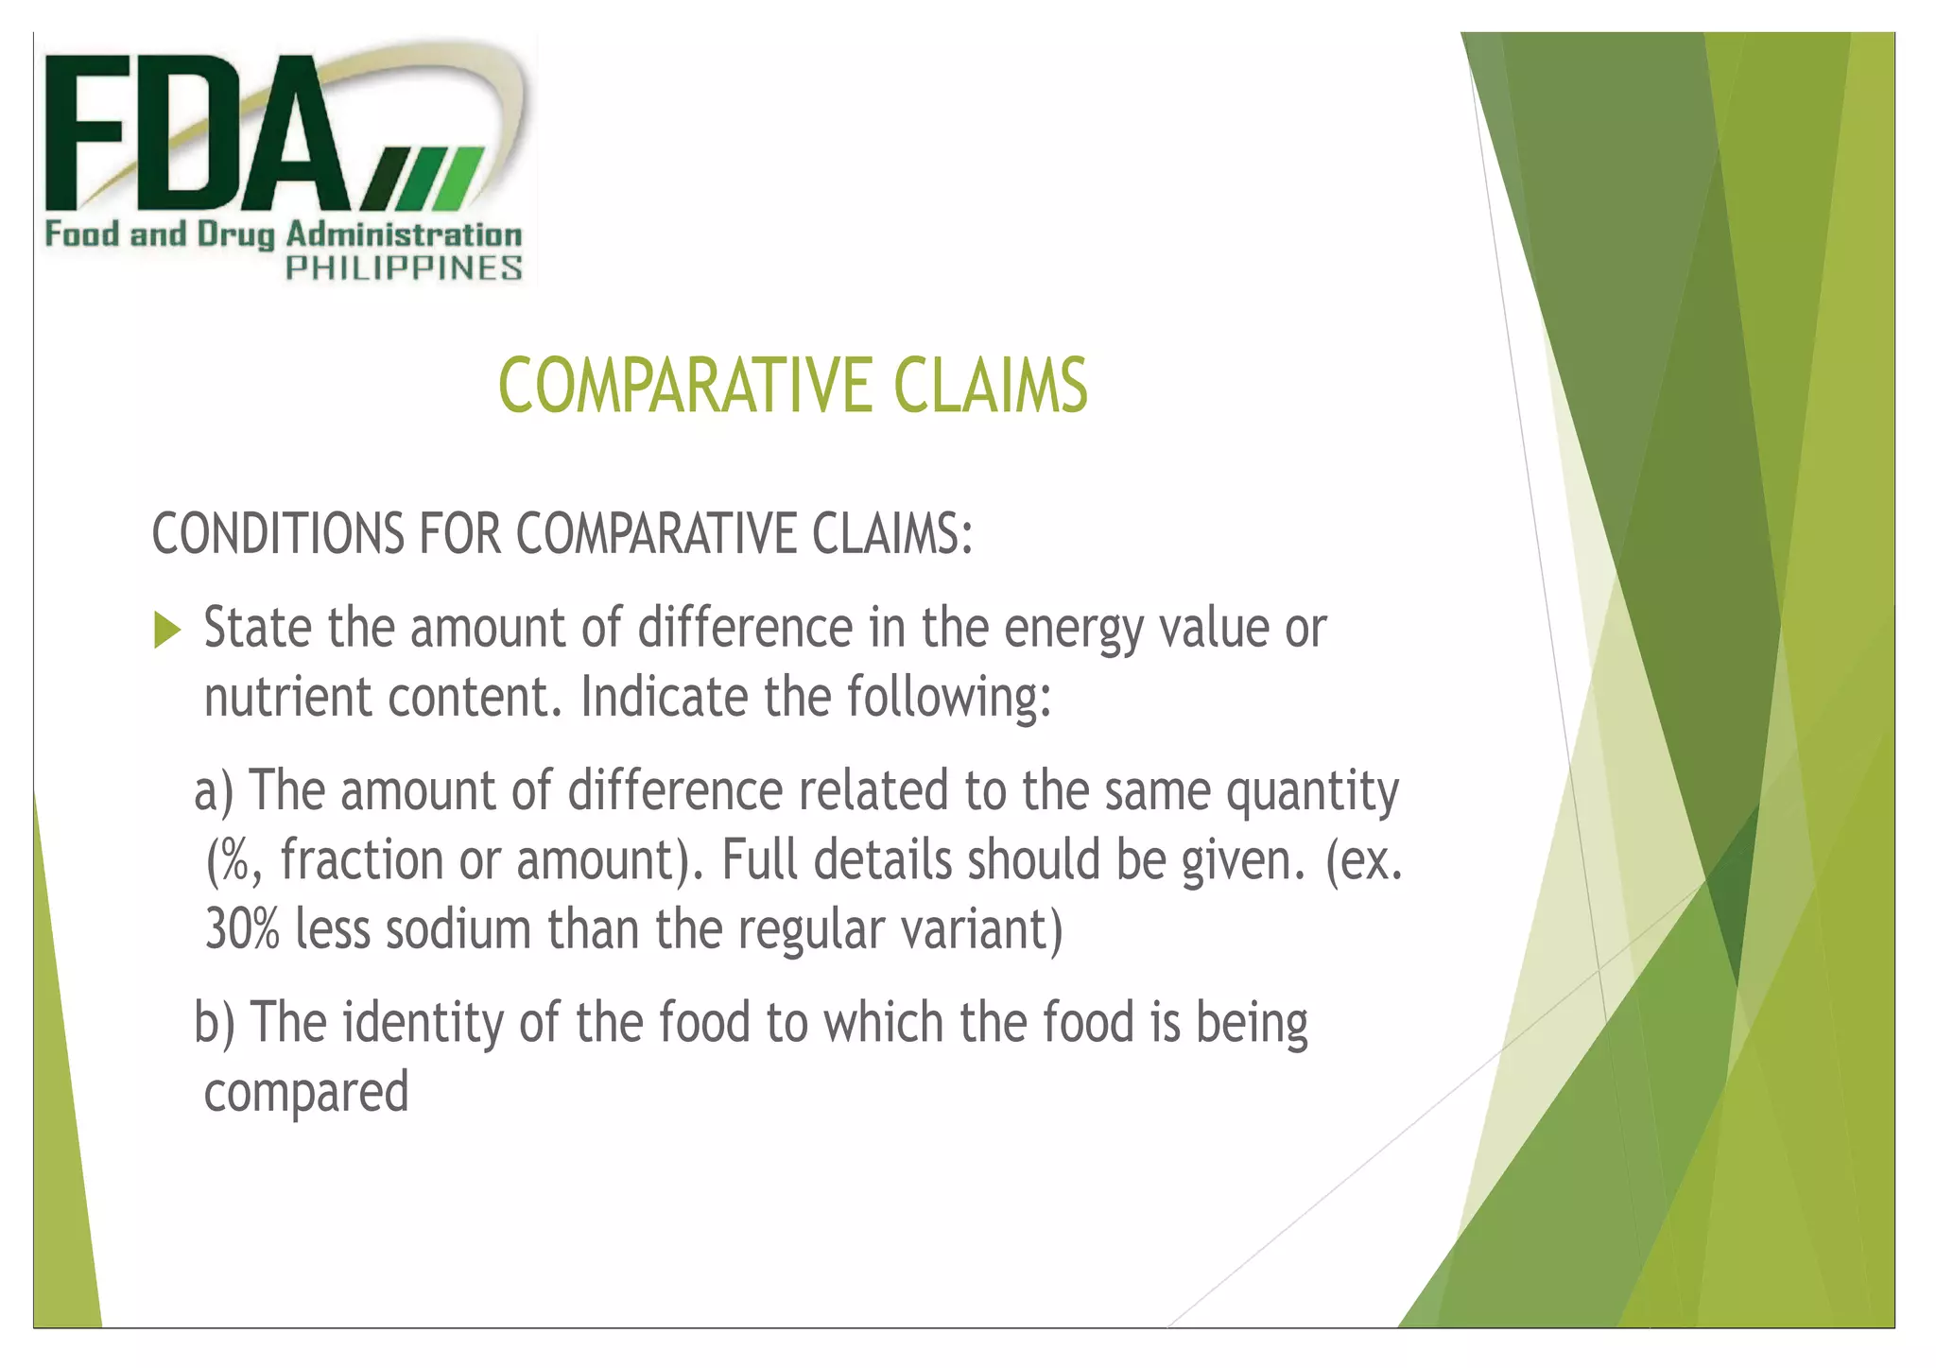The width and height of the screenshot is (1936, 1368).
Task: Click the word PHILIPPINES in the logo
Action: click(404, 268)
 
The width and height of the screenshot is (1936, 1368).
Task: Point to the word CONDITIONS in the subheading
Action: click(277, 534)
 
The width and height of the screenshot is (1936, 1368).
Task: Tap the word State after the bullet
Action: click(258, 629)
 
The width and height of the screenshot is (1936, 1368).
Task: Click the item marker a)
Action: click(214, 792)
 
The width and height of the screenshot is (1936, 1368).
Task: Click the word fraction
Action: click(362, 861)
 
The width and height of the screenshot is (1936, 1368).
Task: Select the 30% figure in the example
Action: click(242, 930)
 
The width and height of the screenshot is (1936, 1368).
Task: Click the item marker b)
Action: click(215, 1024)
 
